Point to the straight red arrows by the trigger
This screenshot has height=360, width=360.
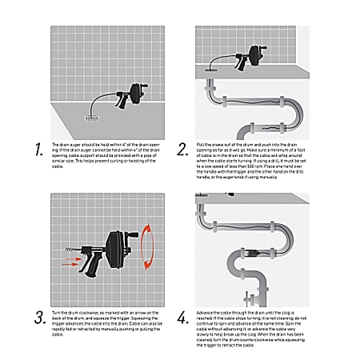pos(70,260)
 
